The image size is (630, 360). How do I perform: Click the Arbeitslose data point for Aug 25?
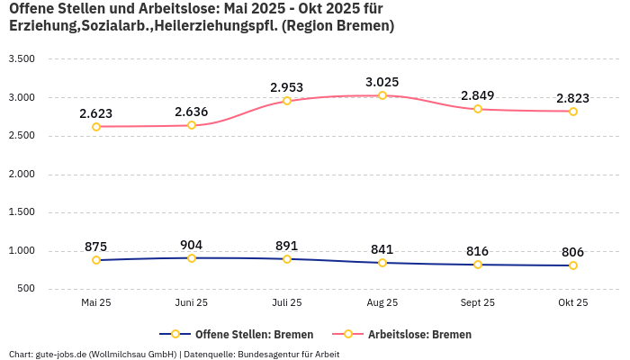pyautogui.click(x=382, y=95)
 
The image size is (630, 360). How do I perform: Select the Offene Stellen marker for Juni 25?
pyautogui.click(x=192, y=258)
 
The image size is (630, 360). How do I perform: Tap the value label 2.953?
pyautogui.click(x=287, y=87)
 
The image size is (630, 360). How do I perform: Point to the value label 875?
pyautogui.click(x=96, y=247)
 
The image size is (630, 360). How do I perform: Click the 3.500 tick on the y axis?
pyautogui.click(x=21, y=59)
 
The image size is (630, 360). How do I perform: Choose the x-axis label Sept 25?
pyautogui.click(x=478, y=303)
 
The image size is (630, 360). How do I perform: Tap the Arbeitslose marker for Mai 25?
pyautogui.click(x=96, y=127)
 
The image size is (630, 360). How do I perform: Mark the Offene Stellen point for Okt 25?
pyautogui.click(x=573, y=265)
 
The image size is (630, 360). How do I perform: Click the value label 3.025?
pyautogui.click(x=382, y=82)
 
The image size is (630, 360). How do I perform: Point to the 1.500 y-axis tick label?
pyautogui.click(x=21, y=212)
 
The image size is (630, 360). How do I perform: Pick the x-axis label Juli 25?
pyautogui.click(x=287, y=303)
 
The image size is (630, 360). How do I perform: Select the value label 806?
pyautogui.click(x=573, y=253)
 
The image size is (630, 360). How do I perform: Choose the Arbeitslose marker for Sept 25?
pyautogui.click(x=478, y=109)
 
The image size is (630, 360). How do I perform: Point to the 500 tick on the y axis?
pyautogui.click(x=25, y=289)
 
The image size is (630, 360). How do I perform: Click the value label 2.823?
pyautogui.click(x=573, y=98)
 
